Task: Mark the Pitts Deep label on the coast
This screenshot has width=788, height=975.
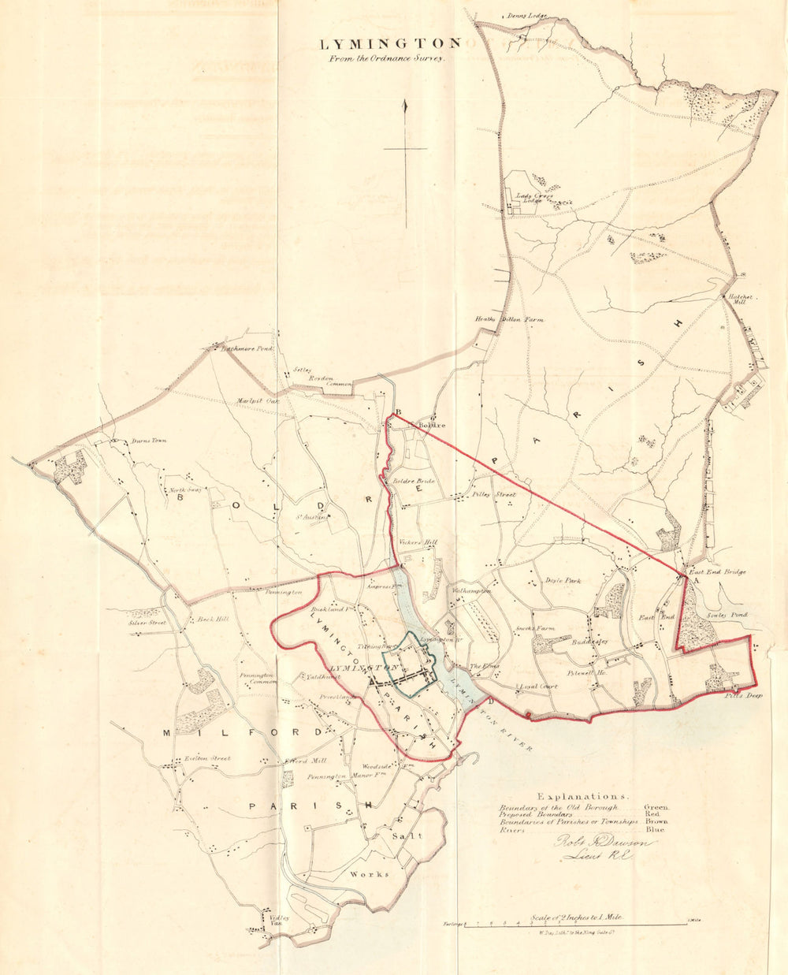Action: [744, 695]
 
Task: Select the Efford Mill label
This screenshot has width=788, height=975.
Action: [304, 761]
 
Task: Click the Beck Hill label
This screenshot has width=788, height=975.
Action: [212, 620]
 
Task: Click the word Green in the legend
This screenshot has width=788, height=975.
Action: [656, 807]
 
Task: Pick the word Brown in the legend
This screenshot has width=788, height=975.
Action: [656, 821]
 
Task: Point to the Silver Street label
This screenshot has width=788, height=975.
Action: [147, 623]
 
